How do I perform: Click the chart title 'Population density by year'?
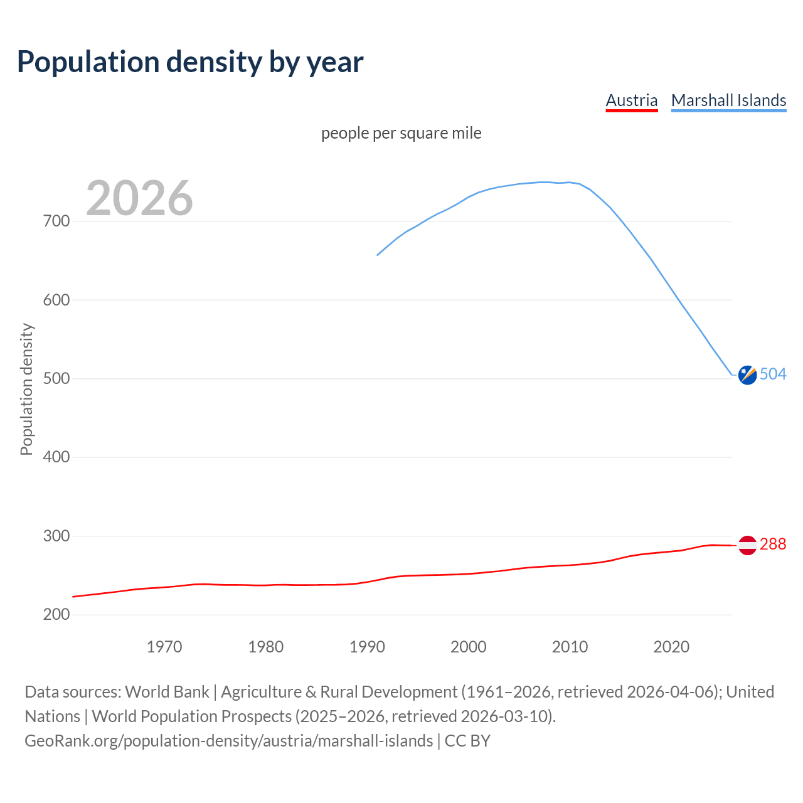190,62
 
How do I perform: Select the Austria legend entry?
631,100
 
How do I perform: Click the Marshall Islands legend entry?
728,100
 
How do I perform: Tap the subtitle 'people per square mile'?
401,134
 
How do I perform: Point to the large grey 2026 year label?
139,198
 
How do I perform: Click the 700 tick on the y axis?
56,221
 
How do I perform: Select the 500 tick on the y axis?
56,379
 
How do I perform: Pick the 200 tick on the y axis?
56,615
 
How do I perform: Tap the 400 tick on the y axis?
56,457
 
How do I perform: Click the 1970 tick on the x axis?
164,647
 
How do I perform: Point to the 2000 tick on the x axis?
469,647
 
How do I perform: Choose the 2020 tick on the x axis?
671,647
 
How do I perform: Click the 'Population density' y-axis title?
26,389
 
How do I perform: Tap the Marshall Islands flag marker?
747,375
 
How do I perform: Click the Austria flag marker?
747,545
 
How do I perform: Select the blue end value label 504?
773,375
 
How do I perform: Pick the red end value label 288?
773,545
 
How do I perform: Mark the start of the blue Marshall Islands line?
377,255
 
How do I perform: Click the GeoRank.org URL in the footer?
229,741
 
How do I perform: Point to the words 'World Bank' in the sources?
167,692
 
